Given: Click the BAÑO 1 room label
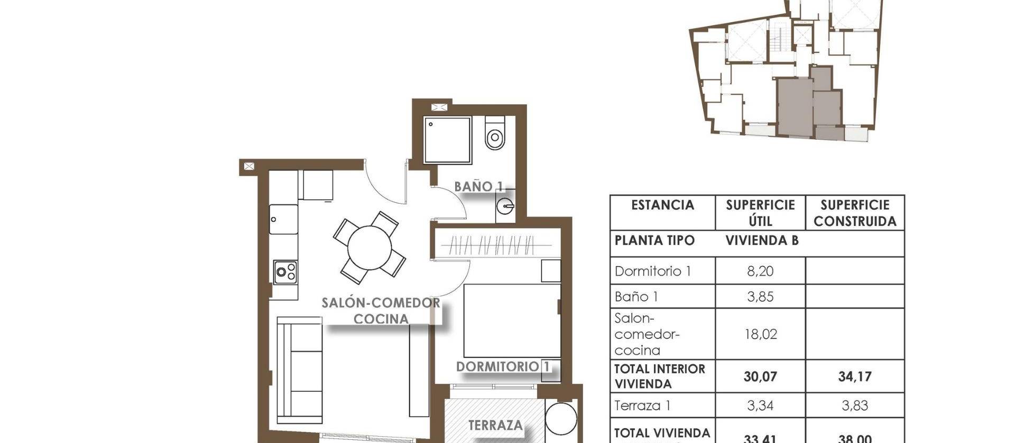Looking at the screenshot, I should coord(478,186).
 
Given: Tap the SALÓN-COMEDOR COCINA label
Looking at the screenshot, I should coord(381,311).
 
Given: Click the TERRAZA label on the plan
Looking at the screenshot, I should coord(495,425).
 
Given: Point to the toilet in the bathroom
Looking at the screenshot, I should coord(495,134).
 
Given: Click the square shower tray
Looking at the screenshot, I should coord(447,140).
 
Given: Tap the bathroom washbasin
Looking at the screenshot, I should coord(505,205).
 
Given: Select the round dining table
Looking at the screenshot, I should coord(370,247).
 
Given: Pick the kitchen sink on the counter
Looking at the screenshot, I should coord(283,219).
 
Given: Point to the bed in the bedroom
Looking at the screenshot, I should coord(511,321).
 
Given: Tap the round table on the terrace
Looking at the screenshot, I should coord(560,419).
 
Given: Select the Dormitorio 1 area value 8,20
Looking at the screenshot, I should coord(760,272).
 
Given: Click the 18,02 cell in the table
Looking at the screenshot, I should coord(760,334).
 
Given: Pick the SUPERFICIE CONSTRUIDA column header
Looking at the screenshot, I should coord(854,213).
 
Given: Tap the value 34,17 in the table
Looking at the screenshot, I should coord(854,377).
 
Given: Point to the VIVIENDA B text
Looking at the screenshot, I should coord(761,241).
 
